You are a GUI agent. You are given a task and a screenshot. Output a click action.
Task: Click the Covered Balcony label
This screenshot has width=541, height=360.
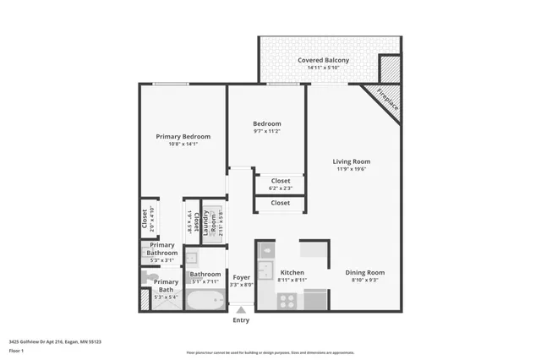tap(323, 61)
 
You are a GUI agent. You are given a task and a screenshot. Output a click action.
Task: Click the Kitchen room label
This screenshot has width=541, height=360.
tap(292, 273)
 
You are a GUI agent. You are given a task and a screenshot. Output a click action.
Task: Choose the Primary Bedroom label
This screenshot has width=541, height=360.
tap(183, 136)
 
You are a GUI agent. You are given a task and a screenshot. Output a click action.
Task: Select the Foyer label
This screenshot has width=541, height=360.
tap(241, 277)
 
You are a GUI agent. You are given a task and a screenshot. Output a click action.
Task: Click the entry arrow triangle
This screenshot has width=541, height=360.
tap(241, 311)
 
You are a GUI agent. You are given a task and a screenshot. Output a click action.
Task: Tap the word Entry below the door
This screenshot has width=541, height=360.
tap(241, 321)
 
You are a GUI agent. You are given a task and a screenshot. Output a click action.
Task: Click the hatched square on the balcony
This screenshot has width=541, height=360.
tap(389, 68)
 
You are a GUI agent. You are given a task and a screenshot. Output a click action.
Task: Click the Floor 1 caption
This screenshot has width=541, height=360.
tap(17, 349)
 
